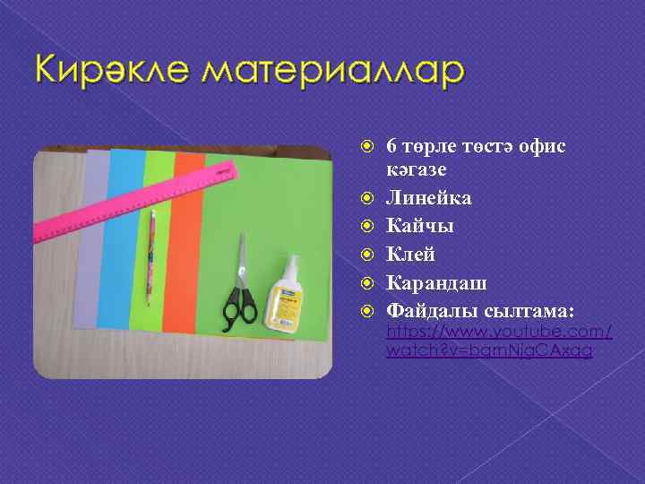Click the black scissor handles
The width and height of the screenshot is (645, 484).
click(237, 304)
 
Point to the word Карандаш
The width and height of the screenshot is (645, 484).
click(436, 283)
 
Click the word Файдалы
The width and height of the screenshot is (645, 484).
click(426, 312)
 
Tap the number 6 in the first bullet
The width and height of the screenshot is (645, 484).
click(391, 146)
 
